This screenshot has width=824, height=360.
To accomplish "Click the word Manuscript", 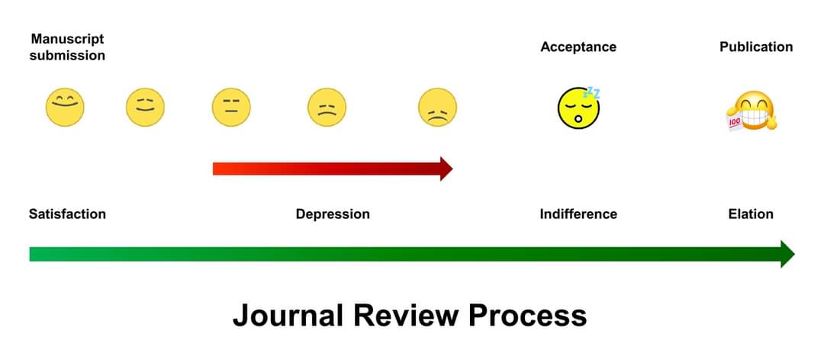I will tap(67, 38).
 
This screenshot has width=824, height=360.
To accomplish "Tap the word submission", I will tap(67, 56).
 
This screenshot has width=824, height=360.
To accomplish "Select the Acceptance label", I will tap(578, 47).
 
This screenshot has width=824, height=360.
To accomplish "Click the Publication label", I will tap(756, 47).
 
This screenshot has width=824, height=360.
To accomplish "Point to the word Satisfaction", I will tap(67, 214).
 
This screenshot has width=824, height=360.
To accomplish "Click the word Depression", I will tap(333, 214).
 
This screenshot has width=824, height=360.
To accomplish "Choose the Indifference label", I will tap(578, 214).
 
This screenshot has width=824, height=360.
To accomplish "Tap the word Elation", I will tap(751, 214).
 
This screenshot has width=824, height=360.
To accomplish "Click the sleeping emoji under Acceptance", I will tap(578, 108).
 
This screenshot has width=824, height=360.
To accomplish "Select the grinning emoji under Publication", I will tap(752, 110).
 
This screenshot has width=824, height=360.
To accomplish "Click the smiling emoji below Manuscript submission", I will tap(65, 107).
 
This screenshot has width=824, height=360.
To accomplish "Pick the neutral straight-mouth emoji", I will tap(231, 107).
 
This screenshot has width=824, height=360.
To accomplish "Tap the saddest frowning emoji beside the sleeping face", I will tap(438, 108).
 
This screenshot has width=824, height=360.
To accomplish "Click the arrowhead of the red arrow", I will tap(446, 169).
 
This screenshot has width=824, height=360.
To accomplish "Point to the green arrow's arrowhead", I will tap(787, 254).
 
